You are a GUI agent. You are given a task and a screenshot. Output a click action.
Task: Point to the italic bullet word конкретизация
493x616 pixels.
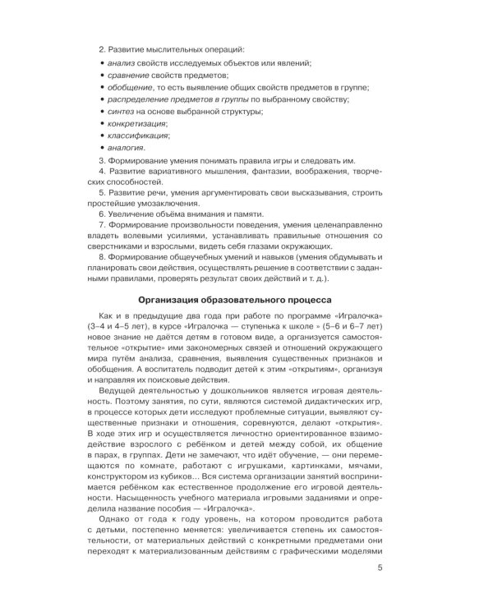pos(132,123)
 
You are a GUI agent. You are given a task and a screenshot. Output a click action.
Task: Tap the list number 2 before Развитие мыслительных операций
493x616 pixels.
pos(100,48)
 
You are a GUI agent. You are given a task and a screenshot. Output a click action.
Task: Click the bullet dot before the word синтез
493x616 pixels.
pos(100,111)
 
